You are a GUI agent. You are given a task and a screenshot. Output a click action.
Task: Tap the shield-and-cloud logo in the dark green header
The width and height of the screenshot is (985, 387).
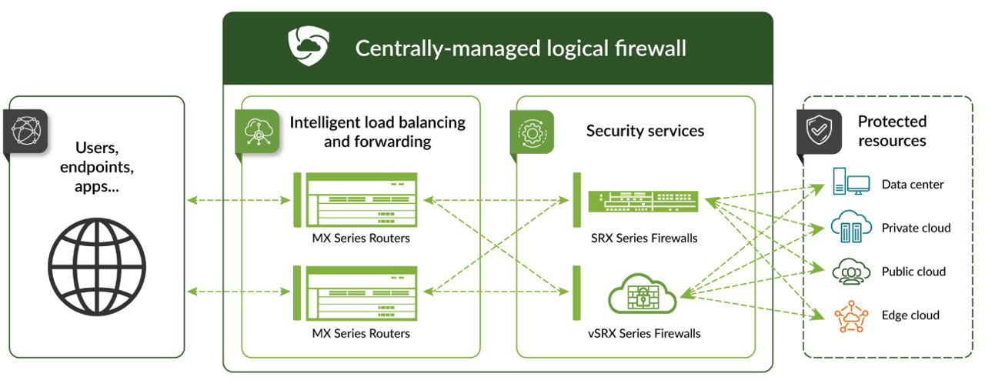[309, 47]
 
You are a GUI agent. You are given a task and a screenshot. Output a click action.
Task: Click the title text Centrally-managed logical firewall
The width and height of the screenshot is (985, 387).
[520, 48]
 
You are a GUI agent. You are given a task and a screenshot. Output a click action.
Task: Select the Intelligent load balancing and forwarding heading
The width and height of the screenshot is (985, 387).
[377, 132]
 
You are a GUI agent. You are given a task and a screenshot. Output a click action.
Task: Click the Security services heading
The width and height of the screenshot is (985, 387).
[645, 131]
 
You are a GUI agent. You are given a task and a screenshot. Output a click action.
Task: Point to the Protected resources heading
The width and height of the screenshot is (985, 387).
[892, 131]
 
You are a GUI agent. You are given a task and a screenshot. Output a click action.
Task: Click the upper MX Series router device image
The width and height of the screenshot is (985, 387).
[361, 200]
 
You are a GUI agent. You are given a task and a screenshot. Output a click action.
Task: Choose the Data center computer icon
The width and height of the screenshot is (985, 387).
[850, 184]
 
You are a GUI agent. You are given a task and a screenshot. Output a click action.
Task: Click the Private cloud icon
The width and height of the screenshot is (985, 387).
[850, 227]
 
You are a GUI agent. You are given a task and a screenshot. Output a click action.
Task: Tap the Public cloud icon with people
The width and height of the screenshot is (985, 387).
[850, 271]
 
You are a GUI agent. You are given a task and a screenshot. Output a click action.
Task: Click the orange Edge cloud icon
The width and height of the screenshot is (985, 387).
[850, 315]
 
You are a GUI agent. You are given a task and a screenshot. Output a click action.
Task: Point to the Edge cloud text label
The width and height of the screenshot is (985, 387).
[910, 315]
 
